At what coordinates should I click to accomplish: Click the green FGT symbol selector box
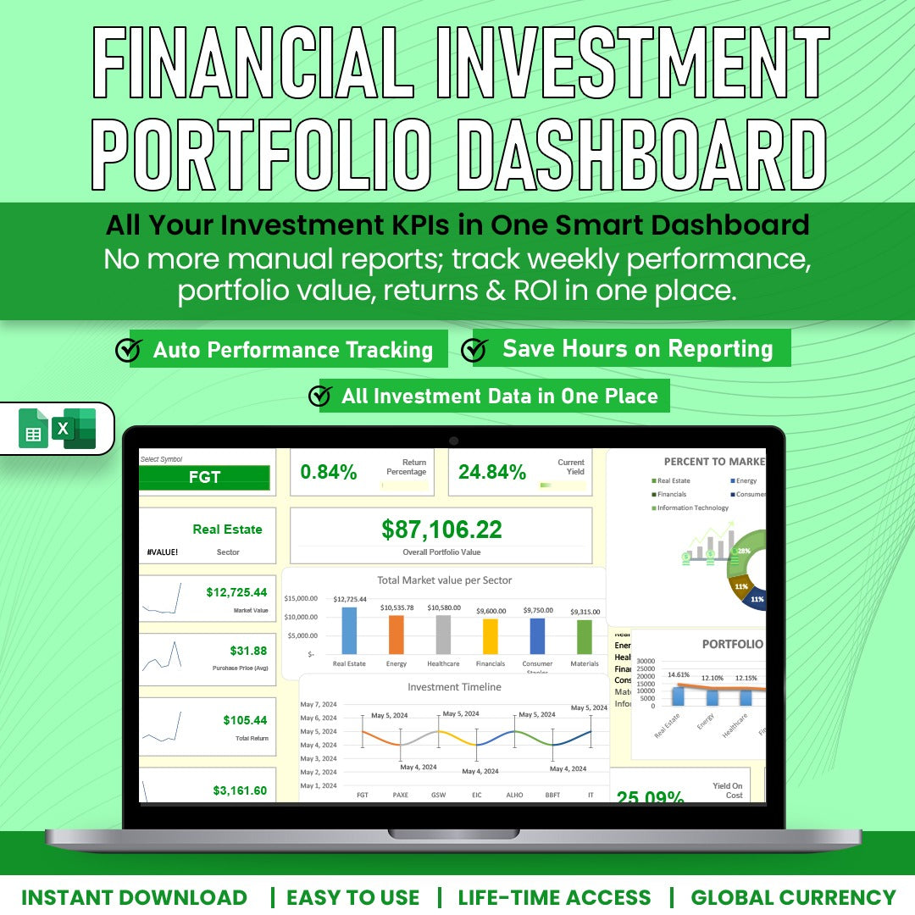tap(204, 478)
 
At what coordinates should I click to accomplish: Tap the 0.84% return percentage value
tap(329, 473)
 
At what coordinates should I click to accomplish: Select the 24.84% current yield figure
tap(492, 472)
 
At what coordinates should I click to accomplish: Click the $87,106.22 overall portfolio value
tap(441, 530)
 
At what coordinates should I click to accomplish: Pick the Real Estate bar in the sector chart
tap(349, 630)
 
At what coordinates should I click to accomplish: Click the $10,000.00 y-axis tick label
tap(301, 617)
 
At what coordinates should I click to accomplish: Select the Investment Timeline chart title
tap(454, 687)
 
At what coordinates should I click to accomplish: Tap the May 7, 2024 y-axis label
tap(319, 705)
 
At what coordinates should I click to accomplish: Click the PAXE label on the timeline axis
tap(401, 796)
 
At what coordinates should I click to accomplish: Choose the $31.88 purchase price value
tap(248, 651)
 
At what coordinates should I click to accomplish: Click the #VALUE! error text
tap(162, 552)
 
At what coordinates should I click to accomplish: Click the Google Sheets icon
tap(34, 429)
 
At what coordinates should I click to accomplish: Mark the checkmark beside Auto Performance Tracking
tap(128, 350)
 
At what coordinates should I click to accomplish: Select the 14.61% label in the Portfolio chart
tap(679, 675)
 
